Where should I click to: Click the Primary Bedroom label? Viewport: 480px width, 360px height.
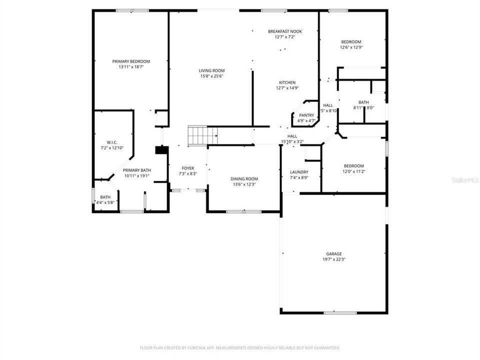131,61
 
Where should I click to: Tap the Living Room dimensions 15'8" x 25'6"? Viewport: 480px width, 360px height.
212,76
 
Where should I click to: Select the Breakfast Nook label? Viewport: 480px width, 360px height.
284,31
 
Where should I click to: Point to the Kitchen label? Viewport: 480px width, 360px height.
287,82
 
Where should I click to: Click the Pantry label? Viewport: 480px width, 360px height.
306,115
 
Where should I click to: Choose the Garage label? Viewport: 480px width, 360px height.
334,254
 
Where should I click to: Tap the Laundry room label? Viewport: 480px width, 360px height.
299,172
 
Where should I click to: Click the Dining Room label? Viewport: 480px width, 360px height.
244,179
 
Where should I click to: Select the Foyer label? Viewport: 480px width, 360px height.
188,168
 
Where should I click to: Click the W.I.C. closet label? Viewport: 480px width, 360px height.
112,142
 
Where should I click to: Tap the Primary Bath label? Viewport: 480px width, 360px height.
137,170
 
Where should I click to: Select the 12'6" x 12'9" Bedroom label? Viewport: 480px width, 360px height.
351,42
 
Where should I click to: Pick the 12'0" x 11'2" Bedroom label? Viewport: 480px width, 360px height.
353,166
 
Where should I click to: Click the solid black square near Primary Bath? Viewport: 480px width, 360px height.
160,150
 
